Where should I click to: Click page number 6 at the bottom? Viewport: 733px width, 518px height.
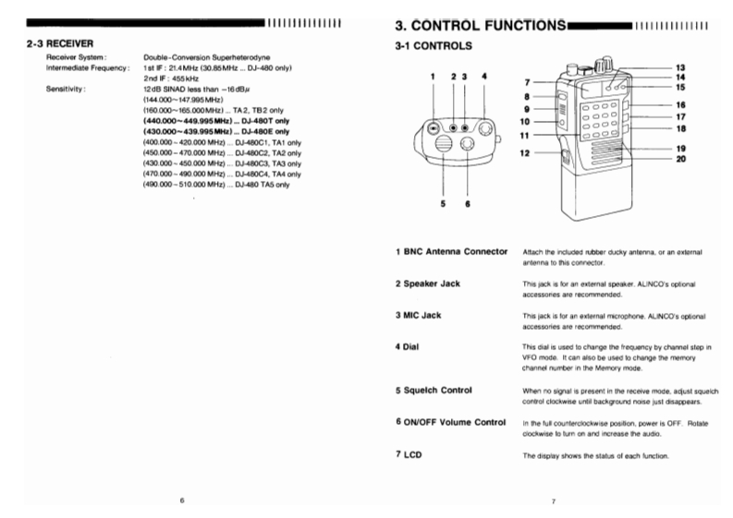(182, 500)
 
